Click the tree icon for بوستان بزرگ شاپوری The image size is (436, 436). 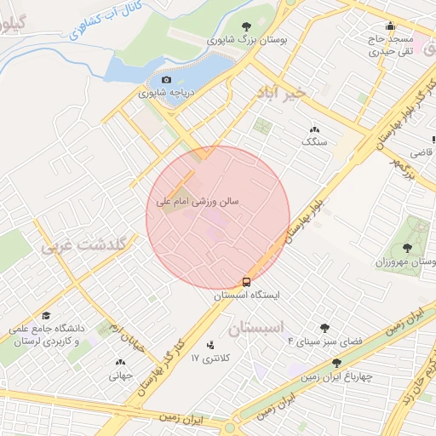tap(247, 26)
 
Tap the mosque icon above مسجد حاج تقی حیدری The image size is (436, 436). tap(390, 26)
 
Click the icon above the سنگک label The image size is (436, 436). tap(314, 129)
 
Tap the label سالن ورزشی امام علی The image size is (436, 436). tap(198, 203)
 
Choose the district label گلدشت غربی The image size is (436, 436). tap(83, 244)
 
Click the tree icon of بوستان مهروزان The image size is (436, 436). tap(407, 248)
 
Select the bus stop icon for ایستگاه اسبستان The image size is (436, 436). tap(247, 281)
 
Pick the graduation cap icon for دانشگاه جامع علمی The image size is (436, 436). tap(45, 316)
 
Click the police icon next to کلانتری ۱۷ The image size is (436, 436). tap(211, 345)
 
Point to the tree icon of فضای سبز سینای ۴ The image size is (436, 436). tap(324, 328)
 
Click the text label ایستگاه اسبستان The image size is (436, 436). tap(246, 295)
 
